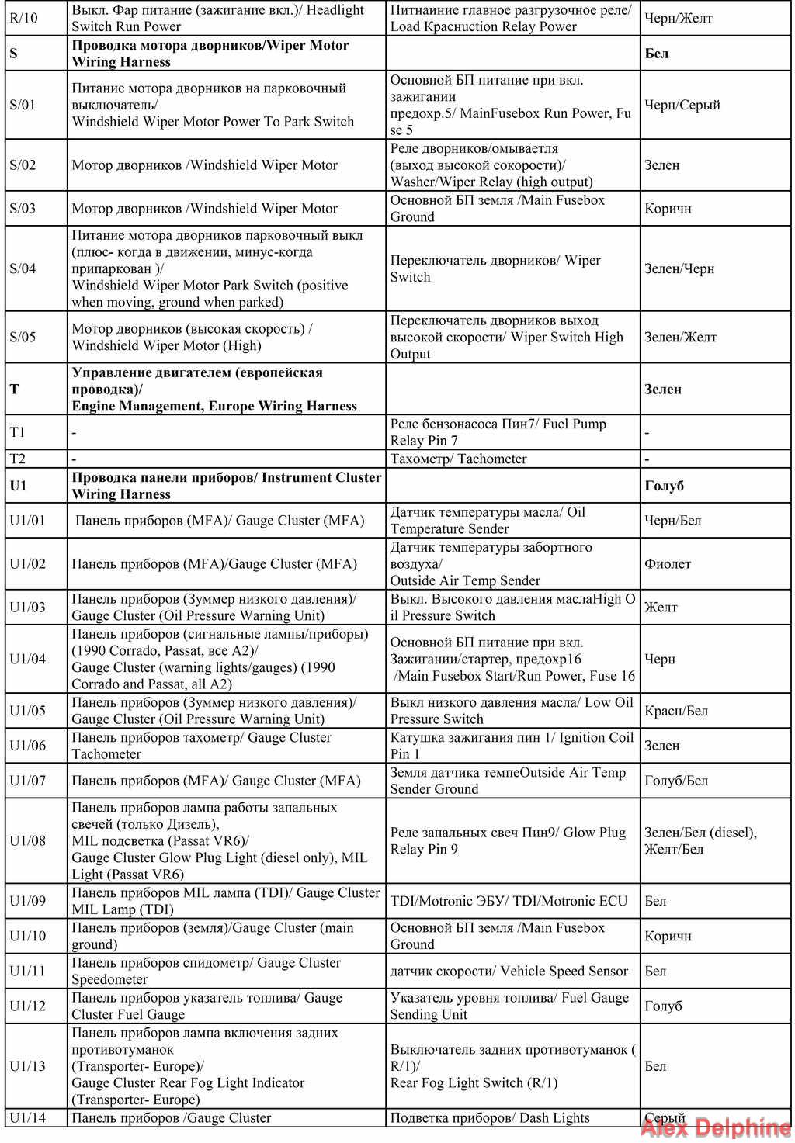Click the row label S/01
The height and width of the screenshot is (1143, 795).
[23, 105]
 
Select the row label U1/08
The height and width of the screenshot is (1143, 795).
[28, 840]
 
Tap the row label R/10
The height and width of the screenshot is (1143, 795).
[23, 18]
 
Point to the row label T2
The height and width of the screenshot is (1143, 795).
[18, 459]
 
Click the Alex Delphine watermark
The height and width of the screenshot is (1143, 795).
[715, 1127]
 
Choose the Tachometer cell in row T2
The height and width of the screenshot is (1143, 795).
[458, 459]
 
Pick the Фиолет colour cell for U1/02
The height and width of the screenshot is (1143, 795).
[668, 564]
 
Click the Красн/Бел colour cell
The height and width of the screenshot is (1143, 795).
[676, 711]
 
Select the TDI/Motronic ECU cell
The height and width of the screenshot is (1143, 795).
[509, 901]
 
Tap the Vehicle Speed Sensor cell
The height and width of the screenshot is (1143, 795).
[509, 971]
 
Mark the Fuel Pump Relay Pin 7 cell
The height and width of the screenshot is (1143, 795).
[498, 432]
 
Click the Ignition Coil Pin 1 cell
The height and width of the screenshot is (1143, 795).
[512, 746]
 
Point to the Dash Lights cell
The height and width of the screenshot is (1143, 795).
[490, 1118]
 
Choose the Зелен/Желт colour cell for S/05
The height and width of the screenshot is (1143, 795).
[681, 337]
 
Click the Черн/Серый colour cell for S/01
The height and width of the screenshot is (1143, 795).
[682, 105]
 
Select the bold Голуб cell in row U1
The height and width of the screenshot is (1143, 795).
[665, 486]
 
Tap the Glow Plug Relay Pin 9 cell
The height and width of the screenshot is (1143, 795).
[508, 840]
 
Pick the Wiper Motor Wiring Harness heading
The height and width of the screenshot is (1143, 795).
[210, 54]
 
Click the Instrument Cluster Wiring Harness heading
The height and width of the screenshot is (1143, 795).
[227, 486]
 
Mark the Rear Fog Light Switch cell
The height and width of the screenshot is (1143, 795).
[512, 1066]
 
